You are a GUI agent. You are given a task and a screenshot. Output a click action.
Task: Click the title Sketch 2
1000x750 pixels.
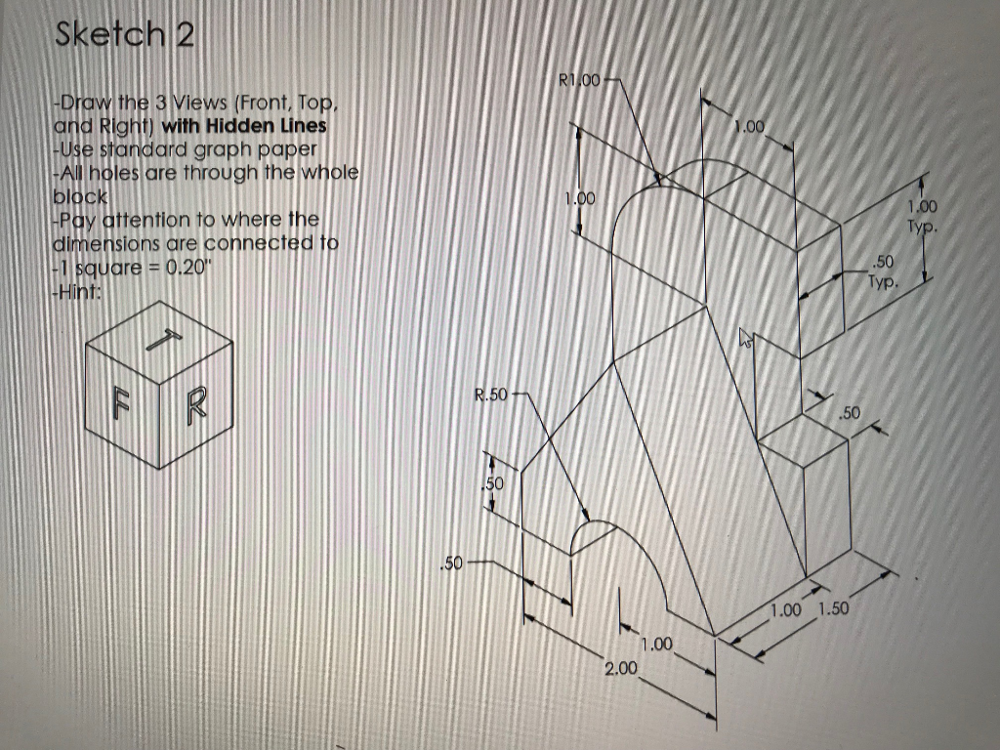[125, 35]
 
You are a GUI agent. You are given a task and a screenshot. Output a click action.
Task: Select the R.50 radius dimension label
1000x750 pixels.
[491, 396]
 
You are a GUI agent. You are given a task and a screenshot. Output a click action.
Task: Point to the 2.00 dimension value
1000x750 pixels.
[620, 668]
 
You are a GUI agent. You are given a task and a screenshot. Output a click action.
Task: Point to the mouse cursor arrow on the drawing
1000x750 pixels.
[747, 339]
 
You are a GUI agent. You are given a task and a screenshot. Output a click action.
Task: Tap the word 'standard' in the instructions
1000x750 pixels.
[124, 149]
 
